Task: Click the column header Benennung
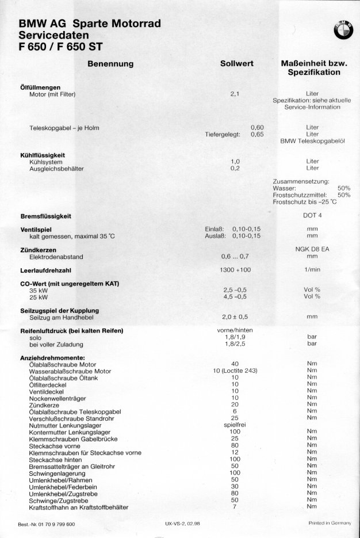(110, 64)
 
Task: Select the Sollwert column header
(237, 64)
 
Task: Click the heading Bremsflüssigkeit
(45, 216)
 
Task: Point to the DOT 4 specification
(313, 216)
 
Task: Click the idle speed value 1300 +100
(235, 269)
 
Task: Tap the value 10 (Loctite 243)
(235, 371)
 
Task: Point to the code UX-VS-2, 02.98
(183, 524)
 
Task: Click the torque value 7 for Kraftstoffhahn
(235, 507)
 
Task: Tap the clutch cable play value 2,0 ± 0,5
(235, 316)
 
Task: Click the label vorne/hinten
(235, 330)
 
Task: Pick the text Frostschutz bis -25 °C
(304, 202)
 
